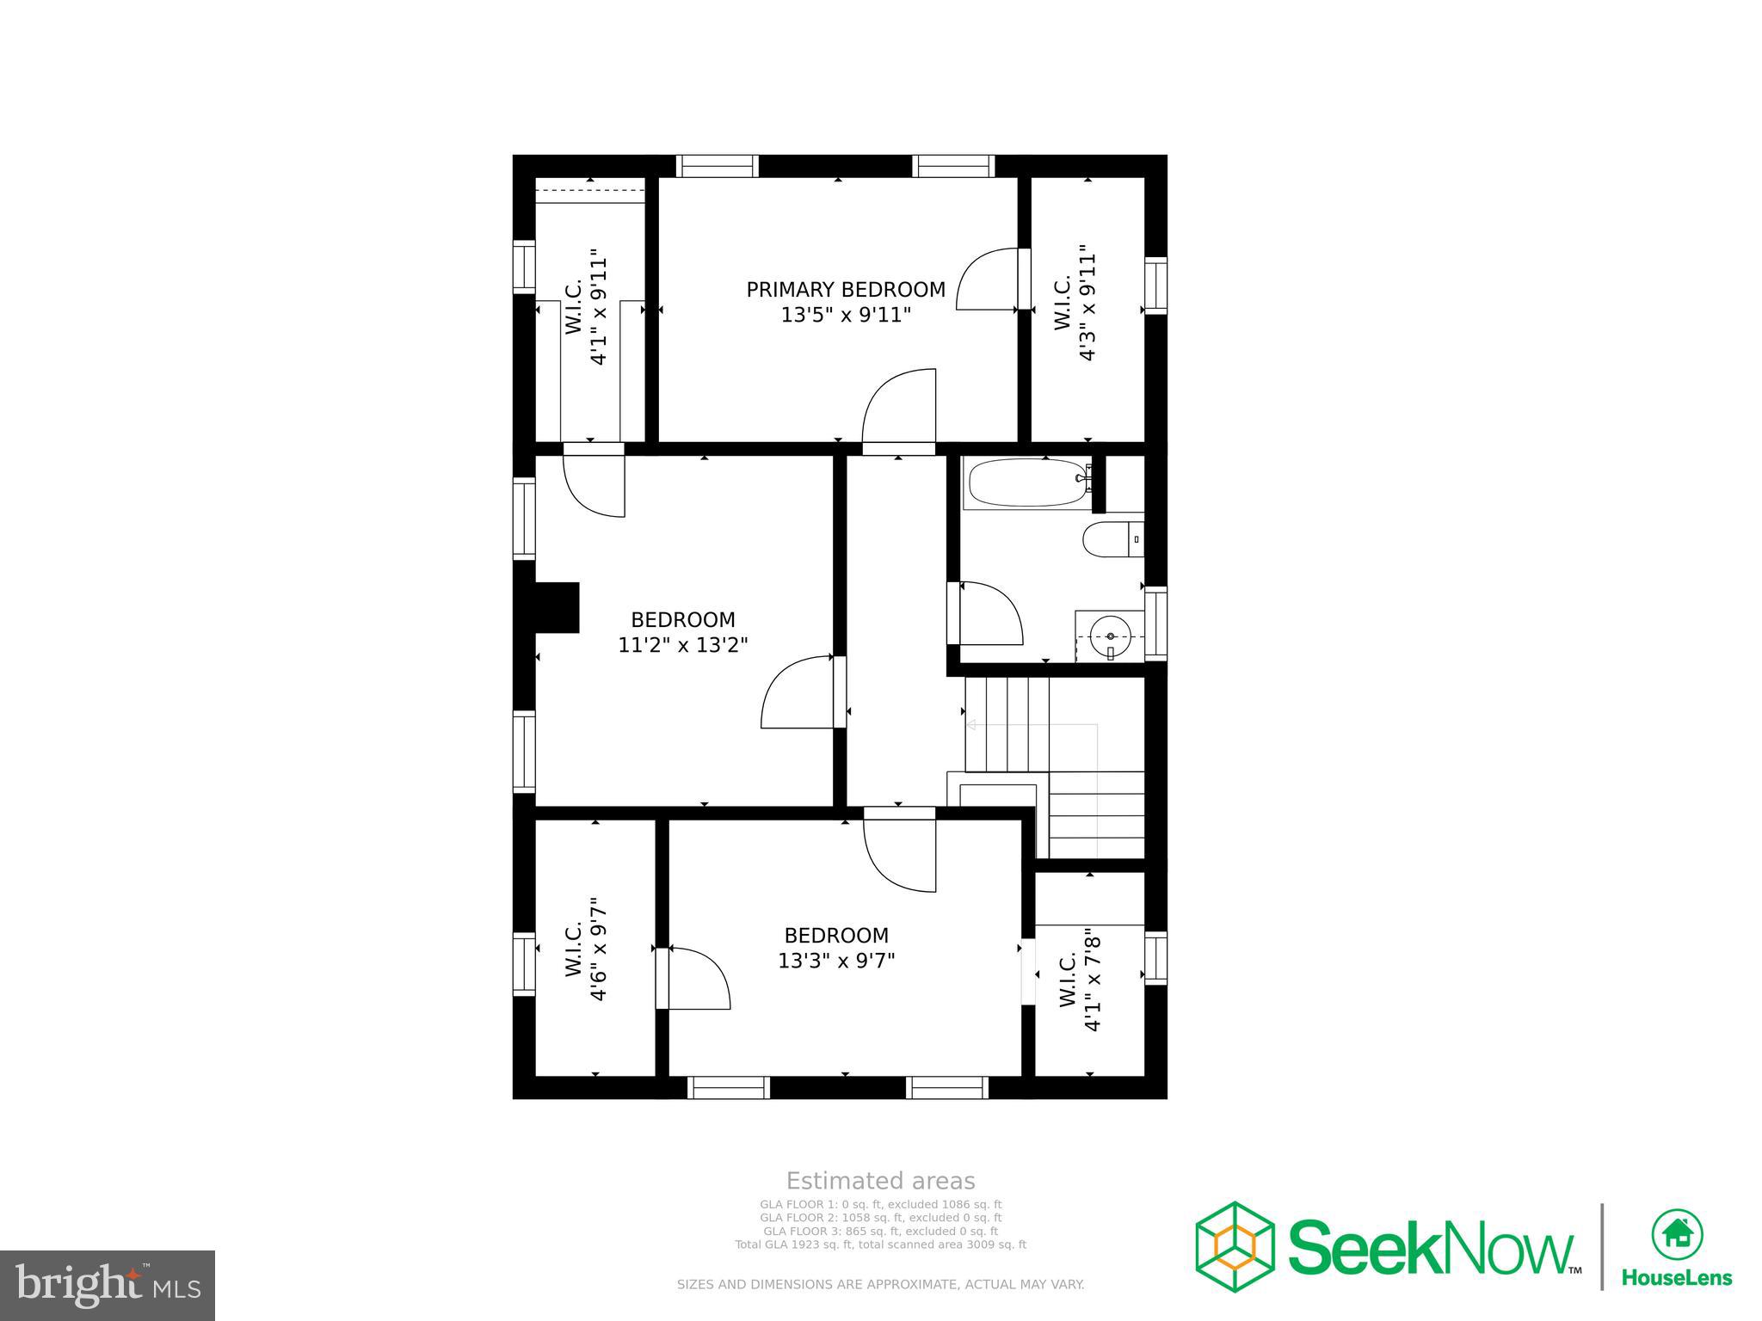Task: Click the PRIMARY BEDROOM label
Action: point(845,290)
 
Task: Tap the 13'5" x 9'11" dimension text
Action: point(845,316)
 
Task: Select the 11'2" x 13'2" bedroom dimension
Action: point(683,645)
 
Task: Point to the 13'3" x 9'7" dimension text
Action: point(836,961)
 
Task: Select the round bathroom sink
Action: point(1111,636)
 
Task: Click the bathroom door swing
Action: point(989,614)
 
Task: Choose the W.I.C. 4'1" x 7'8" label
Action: point(1080,980)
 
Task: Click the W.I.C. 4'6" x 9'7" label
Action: point(587,949)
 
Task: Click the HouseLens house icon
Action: point(1676,1235)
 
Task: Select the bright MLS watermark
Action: point(108,1286)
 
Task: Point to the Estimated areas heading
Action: point(880,1181)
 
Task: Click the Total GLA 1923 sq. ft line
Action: point(880,1244)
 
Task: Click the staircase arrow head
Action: point(970,725)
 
